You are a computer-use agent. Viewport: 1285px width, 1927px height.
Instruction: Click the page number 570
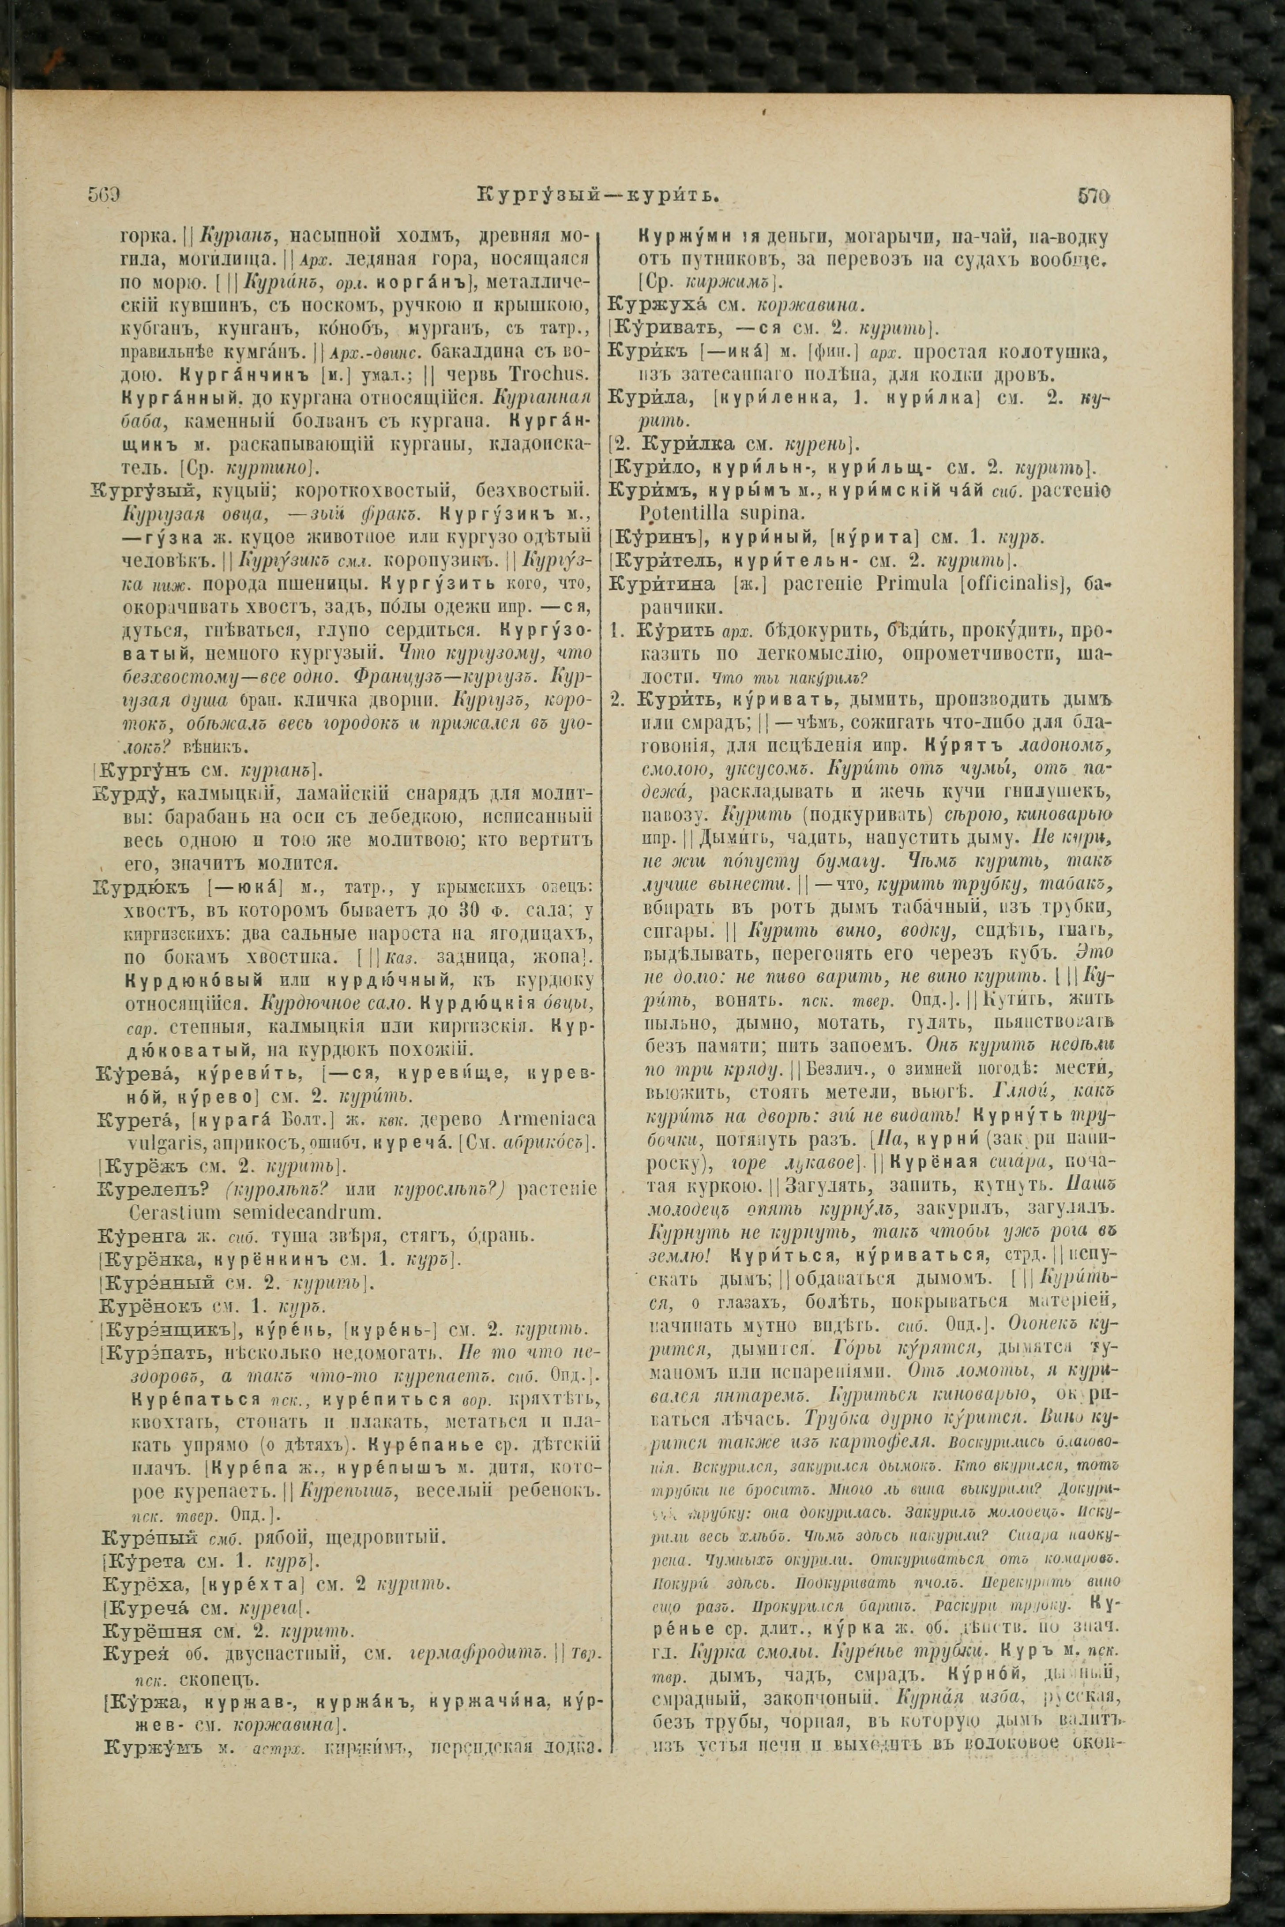click(x=1093, y=197)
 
